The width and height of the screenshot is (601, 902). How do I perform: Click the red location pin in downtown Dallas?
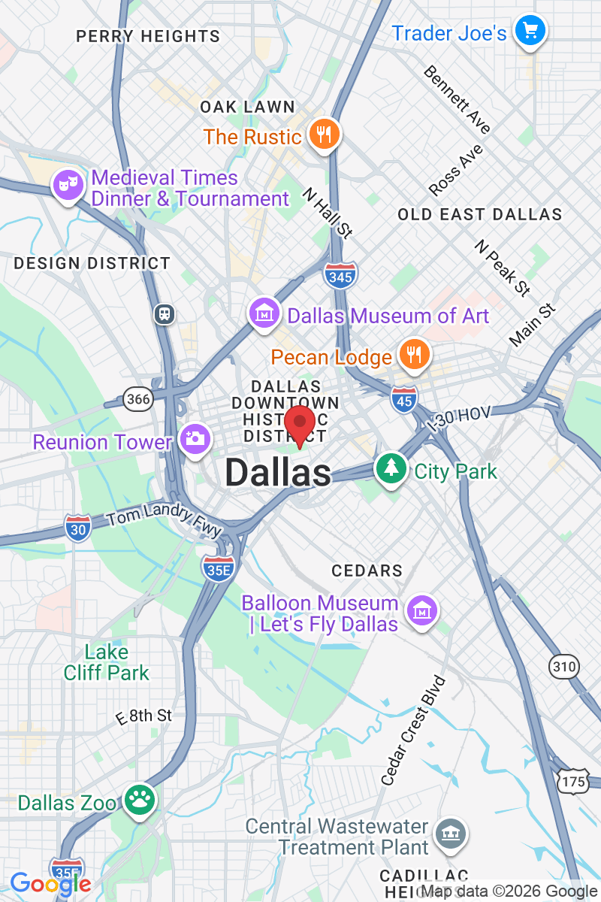click(x=300, y=425)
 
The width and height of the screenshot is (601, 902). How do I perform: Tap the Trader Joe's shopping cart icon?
click(x=530, y=31)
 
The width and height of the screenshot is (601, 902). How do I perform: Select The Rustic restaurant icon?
click(x=324, y=135)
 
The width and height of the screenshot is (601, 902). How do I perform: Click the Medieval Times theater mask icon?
click(x=68, y=185)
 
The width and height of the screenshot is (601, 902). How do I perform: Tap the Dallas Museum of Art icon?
click(x=264, y=314)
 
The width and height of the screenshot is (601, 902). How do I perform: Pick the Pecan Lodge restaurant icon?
click(x=413, y=354)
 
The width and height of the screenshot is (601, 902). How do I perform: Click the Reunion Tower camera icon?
click(x=195, y=439)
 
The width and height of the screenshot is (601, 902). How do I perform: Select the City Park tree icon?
click(x=391, y=470)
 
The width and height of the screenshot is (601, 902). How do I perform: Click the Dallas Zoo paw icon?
click(x=140, y=801)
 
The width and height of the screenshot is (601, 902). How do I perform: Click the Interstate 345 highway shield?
click(x=341, y=276)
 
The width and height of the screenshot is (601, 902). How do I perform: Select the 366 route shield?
click(x=138, y=398)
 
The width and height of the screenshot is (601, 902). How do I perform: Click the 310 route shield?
click(x=564, y=666)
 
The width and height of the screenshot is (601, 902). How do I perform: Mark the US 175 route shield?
click(x=572, y=782)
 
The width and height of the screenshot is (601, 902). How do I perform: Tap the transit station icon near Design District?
click(x=165, y=313)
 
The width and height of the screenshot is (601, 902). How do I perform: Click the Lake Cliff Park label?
click(x=107, y=662)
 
